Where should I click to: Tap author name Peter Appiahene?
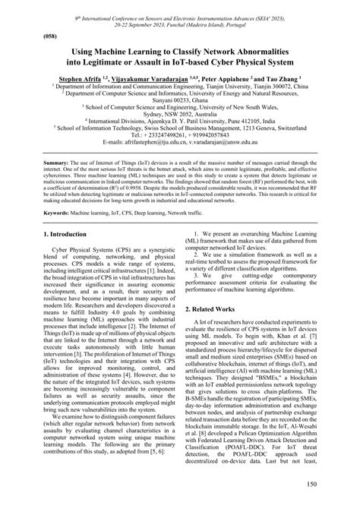pyautogui.click(x=219, y=78)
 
